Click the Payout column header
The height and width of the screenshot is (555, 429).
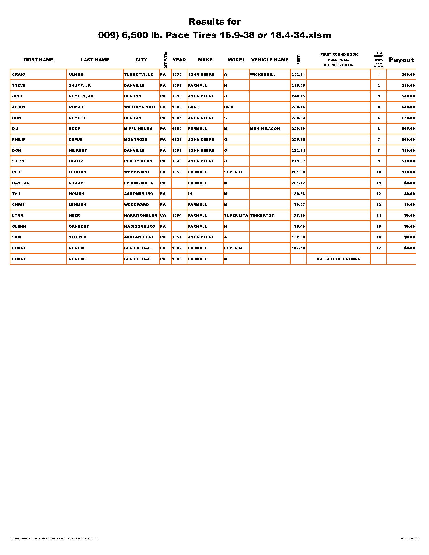pos(401,60)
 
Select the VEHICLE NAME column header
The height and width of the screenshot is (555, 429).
pos(270,60)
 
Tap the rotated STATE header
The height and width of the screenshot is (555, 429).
pos(165,60)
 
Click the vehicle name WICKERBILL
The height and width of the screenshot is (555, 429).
pos(262,74)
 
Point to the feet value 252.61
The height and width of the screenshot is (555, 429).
pos(298,74)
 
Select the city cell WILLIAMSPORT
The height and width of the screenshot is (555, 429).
pos(140,107)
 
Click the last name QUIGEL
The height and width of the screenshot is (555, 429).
pos(76,107)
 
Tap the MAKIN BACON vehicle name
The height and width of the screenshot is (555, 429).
pos(265,129)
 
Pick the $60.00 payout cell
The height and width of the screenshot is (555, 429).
pos(408,74)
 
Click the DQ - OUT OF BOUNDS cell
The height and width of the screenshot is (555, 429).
pos(338,259)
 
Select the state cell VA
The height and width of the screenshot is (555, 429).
pos(163,215)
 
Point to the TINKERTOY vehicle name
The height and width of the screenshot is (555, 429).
pos(262,215)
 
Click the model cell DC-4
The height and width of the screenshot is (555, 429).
pos(228,107)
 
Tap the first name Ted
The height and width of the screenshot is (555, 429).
pos(16,194)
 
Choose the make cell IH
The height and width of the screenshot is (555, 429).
pos(190,194)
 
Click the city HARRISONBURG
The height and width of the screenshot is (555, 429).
pos(141,215)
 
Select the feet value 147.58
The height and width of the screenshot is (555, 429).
pos(298,248)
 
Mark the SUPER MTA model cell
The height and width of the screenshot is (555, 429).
pos(236,215)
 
